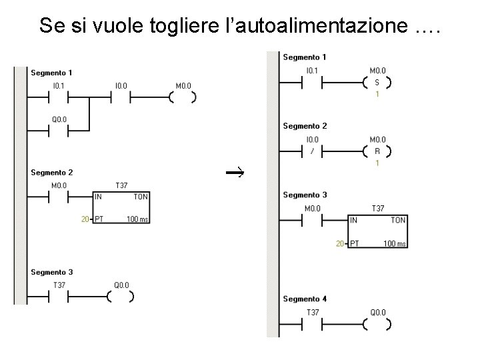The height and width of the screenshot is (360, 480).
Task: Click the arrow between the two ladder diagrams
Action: tap(235, 173)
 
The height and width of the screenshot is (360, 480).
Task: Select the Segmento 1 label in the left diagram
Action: tap(51, 72)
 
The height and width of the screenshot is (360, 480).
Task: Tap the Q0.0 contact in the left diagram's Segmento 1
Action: tap(59, 131)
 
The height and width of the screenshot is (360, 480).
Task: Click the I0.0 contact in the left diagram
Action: tap(121, 97)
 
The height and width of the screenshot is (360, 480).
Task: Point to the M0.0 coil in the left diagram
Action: tap(183, 97)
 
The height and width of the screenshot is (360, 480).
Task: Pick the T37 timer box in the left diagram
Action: tap(121, 209)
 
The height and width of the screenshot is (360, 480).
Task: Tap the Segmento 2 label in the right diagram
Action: tap(305, 125)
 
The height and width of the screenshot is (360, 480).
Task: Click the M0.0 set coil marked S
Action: tap(377, 83)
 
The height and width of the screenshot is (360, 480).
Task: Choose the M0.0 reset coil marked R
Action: tap(377, 151)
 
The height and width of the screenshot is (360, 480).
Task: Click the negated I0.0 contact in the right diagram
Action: tap(312, 151)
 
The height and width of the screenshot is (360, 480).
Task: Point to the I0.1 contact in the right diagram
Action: tap(312, 83)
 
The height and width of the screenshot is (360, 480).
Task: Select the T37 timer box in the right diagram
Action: tap(377, 231)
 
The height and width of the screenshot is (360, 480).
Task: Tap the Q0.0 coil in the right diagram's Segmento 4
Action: tap(377, 325)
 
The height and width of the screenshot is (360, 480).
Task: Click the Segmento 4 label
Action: tap(305, 299)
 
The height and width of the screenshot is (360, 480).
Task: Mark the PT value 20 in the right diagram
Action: tap(340, 244)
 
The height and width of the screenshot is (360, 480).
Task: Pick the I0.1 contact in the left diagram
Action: tap(59, 97)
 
